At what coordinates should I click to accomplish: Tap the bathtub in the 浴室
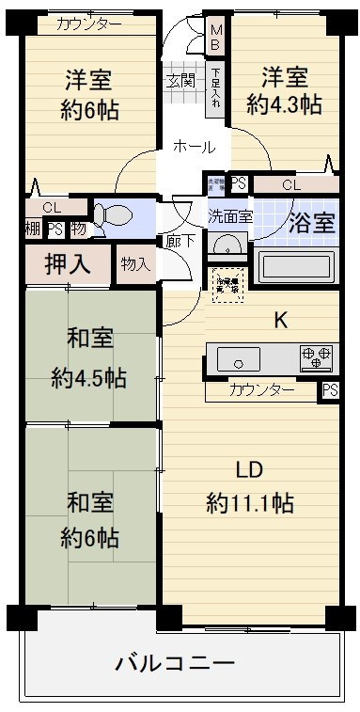[296, 266]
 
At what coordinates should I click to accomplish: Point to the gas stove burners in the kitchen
[316, 357]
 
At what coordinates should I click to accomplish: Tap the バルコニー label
[175, 664]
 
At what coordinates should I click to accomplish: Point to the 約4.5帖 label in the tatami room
[89, 378]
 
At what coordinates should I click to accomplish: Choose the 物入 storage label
[135, 264]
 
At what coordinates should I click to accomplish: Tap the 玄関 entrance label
[180, 81]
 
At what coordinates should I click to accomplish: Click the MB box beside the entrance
[215, 37]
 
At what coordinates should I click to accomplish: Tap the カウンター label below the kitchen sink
[262, 389]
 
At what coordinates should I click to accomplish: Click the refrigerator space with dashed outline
[227, 282]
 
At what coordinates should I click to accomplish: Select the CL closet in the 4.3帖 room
[291, 185]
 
